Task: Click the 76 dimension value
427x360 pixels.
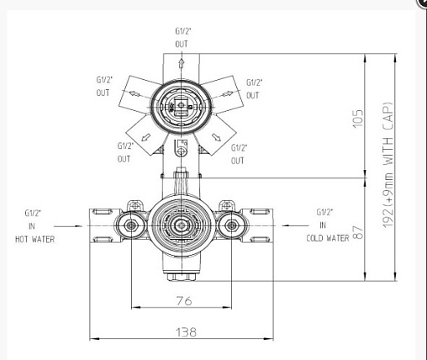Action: click(184, 301)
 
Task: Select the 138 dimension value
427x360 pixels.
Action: click(186, 332)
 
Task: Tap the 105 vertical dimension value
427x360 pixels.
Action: click(357, 119)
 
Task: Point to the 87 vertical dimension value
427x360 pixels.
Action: click(357, 232)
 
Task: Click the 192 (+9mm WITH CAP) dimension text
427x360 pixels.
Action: click(388, 166)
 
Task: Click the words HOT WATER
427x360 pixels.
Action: click(34, 239)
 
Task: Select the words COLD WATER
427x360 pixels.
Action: click(328, 238)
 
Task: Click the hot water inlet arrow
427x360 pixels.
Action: click(68, 226)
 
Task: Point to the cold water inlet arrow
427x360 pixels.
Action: click(296, 225)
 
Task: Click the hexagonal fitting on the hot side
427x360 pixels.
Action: click(131, 225)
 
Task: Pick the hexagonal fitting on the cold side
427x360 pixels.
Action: click(231, 225)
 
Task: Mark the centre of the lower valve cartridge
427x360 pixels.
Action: click(182, 225)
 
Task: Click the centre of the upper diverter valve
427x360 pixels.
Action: click(182, 106)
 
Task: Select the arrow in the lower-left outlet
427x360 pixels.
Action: click(145, 137)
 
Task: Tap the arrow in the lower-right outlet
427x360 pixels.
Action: click(217, 137)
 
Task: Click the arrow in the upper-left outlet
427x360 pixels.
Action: click(134, 94)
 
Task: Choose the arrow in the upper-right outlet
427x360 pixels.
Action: click(227, 94)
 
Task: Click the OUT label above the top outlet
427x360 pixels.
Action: click(182, 44)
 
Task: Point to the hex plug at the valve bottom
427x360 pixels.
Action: click(182, 277)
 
